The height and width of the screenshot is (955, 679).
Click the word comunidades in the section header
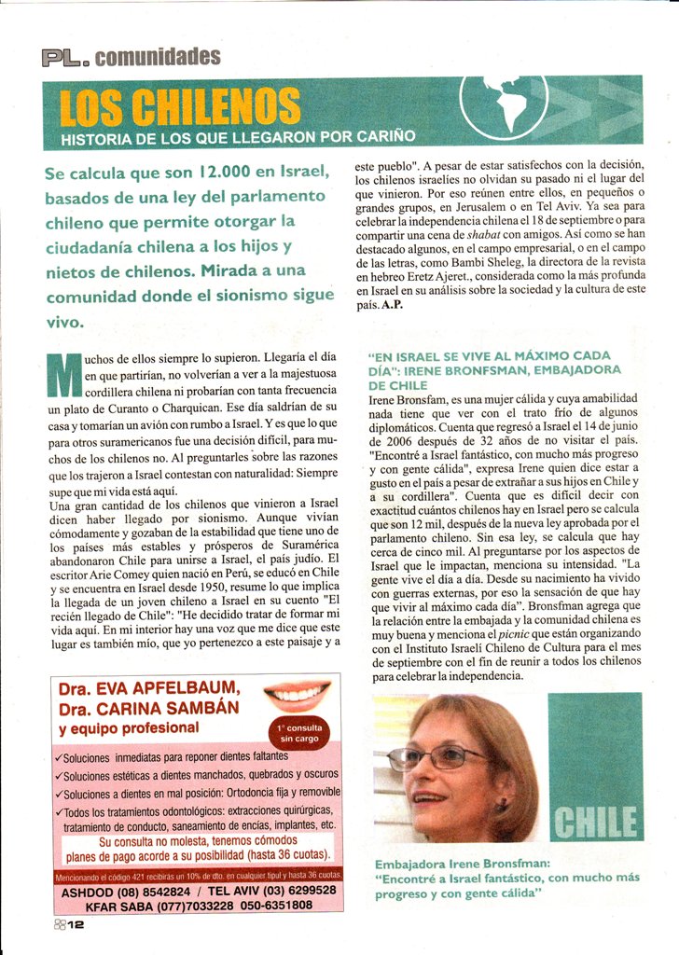click(158, 57)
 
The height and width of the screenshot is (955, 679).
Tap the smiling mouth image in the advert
click(298, 694)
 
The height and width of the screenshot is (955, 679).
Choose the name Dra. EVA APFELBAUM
click(149, 690)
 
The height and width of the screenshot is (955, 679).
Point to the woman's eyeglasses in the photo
click(438, 756)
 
